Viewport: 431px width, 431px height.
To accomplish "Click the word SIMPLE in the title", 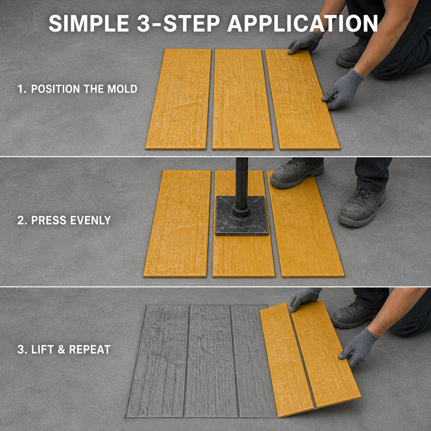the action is pos(89,24).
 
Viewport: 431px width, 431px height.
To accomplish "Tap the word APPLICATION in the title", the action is pos(303,24).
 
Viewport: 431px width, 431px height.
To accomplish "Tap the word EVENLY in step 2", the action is pos(90,220).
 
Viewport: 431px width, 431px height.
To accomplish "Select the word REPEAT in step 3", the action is pos(90,349).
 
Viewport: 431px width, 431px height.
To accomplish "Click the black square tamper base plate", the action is pos(241,216).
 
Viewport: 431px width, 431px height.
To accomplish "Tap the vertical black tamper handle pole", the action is pos(242,185).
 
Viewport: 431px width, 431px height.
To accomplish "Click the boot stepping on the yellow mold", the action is pos(297,173).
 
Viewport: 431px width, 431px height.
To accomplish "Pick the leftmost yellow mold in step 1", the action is pos(178,99).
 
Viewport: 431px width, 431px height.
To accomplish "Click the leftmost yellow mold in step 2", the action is pos(177,224).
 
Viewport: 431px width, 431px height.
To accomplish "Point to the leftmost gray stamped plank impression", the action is pos(158,361).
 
